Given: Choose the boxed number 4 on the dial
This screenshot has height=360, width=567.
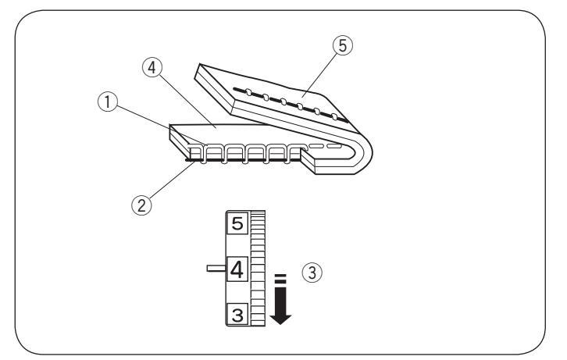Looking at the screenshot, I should coord(236,270).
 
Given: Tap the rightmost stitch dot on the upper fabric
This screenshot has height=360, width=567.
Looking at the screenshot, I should coord(334,117).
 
